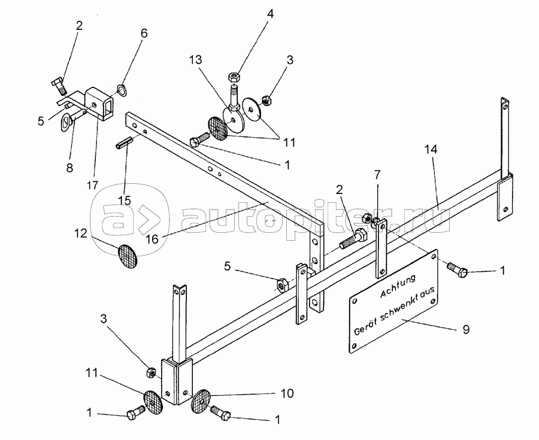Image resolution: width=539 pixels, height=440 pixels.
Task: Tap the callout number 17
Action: click(x=92, y=185)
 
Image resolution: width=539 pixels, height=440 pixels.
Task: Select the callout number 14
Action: click(x=431, y=150)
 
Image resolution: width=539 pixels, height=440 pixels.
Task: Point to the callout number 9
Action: click(x=466, y=329)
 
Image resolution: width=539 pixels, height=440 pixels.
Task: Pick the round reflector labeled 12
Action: click(x=127, y=256)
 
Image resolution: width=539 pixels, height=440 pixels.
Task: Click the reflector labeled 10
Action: click(x=201, y=401)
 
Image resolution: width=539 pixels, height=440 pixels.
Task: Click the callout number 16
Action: click(x=152, y=238)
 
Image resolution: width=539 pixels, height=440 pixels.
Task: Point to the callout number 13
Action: click(x=195, y=60)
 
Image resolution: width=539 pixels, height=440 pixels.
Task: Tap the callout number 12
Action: click(x=80, y=233)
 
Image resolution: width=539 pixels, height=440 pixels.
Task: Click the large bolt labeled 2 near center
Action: click(x=353, y=240)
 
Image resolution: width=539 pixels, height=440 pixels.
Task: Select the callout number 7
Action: click(x=377, y=175)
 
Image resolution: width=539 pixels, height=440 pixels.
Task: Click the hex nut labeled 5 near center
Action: click(x=282, y=286)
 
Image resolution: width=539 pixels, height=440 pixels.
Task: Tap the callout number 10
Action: click(x=287, y=393)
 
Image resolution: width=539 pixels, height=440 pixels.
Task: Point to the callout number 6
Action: click(x=144, y=34)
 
